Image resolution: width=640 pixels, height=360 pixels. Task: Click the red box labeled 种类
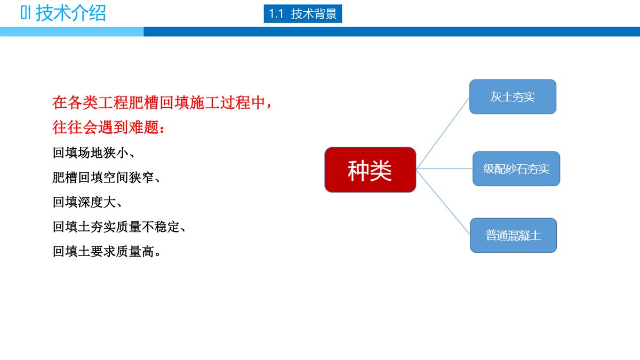pos(370,170)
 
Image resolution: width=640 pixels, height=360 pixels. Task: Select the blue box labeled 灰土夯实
pos(513,97)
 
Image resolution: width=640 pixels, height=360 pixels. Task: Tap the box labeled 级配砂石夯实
pos(516,169)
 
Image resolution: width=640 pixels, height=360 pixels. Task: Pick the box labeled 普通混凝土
pos(513,235)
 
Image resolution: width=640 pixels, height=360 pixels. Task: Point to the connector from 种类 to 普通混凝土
pos(443,202)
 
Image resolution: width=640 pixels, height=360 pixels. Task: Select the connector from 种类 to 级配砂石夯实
pos(444,169)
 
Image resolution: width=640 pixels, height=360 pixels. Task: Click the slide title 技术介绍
pos(71,13)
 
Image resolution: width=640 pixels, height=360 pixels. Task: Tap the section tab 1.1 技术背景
pos(302,14)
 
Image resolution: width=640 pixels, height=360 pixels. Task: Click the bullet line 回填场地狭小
pos(94,153)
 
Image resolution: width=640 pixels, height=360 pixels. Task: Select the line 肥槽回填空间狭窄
pos(106,178)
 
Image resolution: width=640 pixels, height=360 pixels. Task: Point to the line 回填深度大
pos(87,202)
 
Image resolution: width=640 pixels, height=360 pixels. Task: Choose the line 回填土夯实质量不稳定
pos(119,227)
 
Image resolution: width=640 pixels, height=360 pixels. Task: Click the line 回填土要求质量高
pos(107,251)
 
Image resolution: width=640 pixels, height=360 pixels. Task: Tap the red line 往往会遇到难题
pos(109,127)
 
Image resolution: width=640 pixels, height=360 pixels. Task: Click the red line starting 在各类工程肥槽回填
pos(163,102)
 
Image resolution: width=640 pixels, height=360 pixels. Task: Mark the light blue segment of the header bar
pos(71,32)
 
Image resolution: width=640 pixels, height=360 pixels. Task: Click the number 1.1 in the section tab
pos(276,14)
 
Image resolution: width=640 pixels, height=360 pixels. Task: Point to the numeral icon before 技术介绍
pos(26,13)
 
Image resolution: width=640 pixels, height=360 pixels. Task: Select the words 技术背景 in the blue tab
pos(314,14)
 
